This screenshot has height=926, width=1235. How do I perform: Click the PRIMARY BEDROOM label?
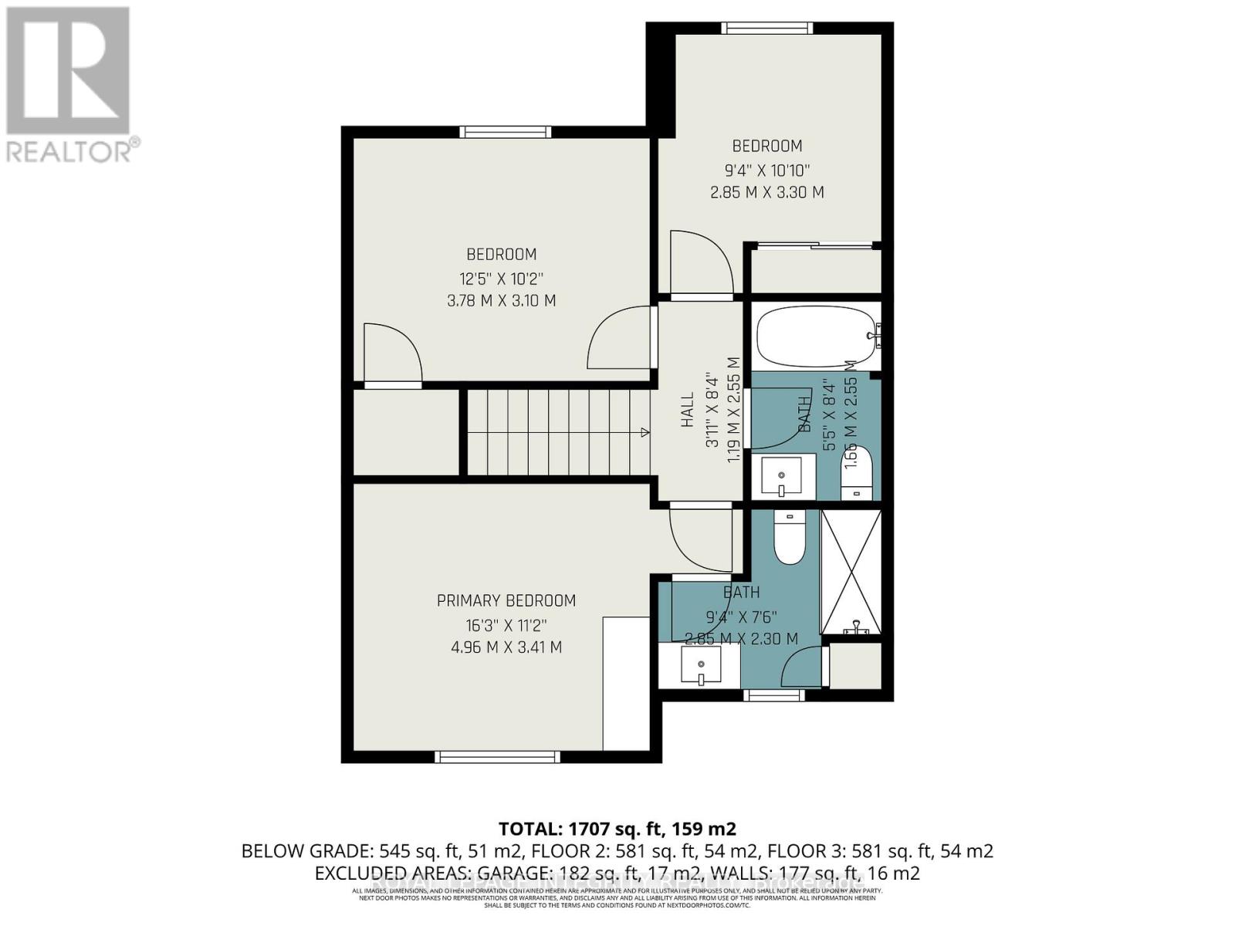(x=506, y=600)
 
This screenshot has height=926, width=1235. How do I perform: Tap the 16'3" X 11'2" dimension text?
(x=506, y=624)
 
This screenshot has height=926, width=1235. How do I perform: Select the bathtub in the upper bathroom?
(x=817, y=337)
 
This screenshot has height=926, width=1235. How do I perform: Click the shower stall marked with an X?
(x=851, y=571)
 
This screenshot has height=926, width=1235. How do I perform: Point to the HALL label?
(x=687, y=410)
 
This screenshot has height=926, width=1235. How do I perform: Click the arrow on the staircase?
(x=644, y=432)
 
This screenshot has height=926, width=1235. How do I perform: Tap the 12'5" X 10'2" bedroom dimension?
(x=501, y=278)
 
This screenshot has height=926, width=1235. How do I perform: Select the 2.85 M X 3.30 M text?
(x=766, y=192)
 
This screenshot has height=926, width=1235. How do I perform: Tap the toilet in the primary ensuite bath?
(x=789, y=538)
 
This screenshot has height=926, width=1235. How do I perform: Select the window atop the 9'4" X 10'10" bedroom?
(x=766, y=29)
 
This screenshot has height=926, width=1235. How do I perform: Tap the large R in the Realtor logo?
(x=68, y=69)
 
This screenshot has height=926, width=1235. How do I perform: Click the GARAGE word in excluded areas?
(x=512, y=874)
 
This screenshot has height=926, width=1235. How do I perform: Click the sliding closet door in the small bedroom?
(x=815, y=246)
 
